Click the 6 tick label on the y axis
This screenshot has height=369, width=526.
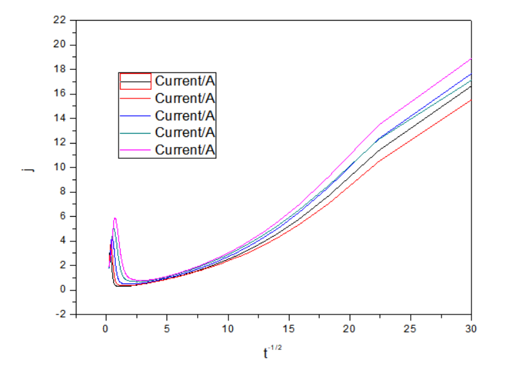click(63, 216)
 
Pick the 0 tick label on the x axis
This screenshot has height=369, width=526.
click(106, 328)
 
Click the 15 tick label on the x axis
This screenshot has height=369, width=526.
click(288, 328)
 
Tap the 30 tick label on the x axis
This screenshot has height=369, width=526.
click(471, 328)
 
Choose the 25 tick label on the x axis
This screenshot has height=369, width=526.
click(410, 328)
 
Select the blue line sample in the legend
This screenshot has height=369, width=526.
click(135, 116)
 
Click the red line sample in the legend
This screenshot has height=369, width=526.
click(135, 98)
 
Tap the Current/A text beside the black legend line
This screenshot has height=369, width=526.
click(186, 80)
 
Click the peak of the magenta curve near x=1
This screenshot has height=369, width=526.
click(115, 218)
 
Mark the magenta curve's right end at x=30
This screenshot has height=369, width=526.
click(471, 59)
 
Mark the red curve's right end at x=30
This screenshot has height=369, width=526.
click(471, 100)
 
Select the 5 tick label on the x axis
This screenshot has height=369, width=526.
click(166, 328)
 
